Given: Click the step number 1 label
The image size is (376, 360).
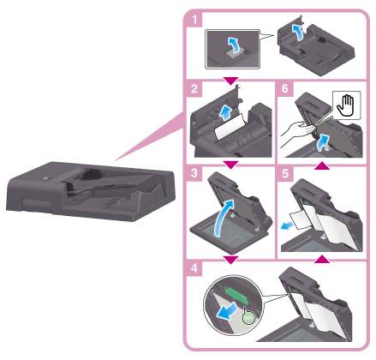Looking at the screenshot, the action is coord(194,20).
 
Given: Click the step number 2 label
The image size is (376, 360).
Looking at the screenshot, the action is coord(194,88).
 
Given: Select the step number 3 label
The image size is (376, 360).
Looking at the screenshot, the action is coord(194,173).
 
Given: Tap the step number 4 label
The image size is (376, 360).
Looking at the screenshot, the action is coord(194,268).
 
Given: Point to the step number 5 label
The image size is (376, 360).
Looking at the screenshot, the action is coord(285,173).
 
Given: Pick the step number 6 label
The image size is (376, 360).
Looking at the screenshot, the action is coord(285,88).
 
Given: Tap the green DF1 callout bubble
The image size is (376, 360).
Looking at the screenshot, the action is coord(248,316).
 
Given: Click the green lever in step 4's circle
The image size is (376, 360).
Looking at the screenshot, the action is coord(237,297).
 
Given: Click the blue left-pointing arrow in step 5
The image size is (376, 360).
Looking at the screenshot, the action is coord(287,225).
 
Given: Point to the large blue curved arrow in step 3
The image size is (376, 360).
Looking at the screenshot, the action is coord(224,218).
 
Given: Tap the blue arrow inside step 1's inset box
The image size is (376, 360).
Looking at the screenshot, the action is coord(234,45).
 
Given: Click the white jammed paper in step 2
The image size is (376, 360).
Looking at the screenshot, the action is coord(230,128).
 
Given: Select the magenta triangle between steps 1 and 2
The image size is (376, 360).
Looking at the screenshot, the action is coord(230,81).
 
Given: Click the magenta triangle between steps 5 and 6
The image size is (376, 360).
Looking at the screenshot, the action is coord(322,165).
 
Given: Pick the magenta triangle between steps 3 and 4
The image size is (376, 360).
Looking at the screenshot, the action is coord(230,260).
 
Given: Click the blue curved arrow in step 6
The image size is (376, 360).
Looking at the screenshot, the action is coord(323,142).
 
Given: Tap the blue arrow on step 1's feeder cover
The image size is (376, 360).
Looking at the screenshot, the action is coord(297,33).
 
